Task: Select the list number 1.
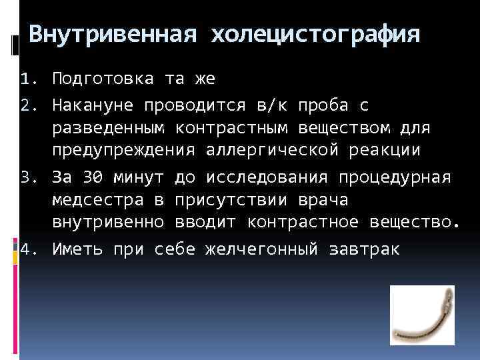click(27, 79)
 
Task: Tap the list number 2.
click(27, 105)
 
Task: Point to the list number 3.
click(27, 178)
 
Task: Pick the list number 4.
click(27, 250)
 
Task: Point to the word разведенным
click(109, 127)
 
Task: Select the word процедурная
click(395, 178)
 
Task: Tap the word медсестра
click(98, 199)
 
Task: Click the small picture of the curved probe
click(422, 315)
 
